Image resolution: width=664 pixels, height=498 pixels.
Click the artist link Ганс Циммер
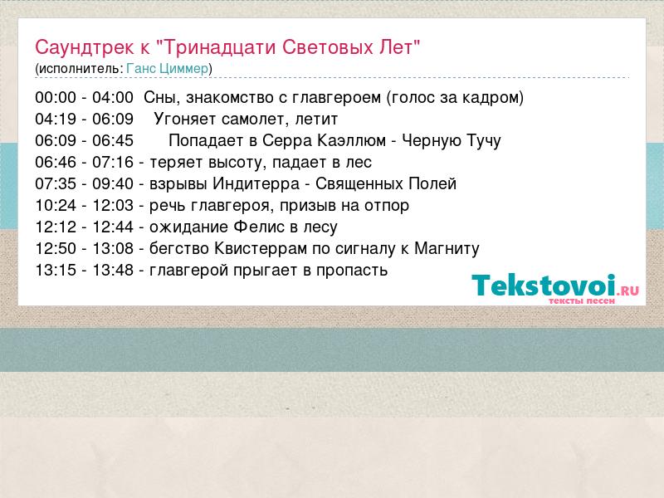click(x=168, y=69)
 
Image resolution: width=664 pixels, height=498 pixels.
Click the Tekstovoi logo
click(x=555, y=288)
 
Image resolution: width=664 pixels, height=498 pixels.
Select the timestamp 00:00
click(x=56, y=98)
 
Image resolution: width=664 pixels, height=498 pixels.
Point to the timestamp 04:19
click(x=56, y=120)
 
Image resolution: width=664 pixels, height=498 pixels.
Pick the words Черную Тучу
click(x=451, y=141)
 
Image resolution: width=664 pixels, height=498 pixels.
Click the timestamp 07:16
click(x=113, y=163)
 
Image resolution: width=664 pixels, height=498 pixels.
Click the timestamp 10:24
click(x=56, y=206)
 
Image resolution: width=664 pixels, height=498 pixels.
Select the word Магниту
click(x=447, y=249)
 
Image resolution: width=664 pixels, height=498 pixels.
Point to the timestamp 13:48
click(x=113, y=271)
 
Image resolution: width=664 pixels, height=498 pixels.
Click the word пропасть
click(x=352, y=271)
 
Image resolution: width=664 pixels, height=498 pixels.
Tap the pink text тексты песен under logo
click(x=582, y=301)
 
